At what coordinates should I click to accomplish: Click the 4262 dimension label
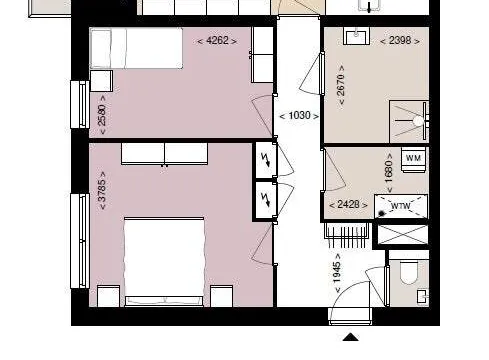(217, 41)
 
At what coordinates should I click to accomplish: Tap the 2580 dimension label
(102, 115)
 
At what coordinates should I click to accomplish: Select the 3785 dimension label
(102, 191)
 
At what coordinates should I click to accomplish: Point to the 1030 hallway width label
(299, 116)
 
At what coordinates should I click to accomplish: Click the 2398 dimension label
(400, 41)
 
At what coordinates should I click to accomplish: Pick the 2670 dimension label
(341, 85)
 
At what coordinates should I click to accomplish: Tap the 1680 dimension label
(389, 173)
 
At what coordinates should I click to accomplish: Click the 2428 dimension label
(348, 204)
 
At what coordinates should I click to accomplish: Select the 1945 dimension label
(337, 273)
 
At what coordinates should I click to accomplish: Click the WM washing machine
(413, 159)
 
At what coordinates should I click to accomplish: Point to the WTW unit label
(400, 206)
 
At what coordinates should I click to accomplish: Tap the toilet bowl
(409, 272)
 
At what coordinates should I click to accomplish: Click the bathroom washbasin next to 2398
(356, 36)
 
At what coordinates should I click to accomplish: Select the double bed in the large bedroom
(164, 262)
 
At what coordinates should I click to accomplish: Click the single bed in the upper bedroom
(136, 48)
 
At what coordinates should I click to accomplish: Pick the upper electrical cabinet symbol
(266, 160)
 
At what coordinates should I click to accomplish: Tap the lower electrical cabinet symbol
(266, 199)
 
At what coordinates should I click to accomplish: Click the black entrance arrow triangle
(351, 337)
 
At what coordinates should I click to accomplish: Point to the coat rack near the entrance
(346, 235)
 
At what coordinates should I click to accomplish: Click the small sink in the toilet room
(422, 296)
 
